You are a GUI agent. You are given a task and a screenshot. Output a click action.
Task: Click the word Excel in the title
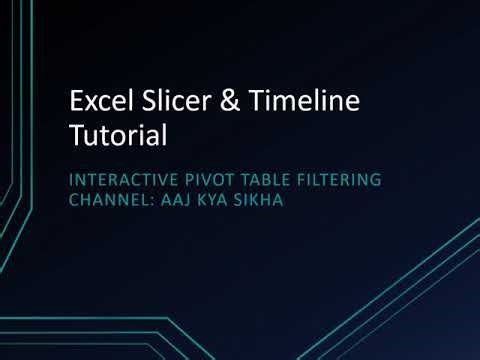pos(96,102)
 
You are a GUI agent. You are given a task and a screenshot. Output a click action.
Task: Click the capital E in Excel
pos(74,102)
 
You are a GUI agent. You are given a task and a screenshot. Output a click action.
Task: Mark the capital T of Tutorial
pos(75,133)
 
